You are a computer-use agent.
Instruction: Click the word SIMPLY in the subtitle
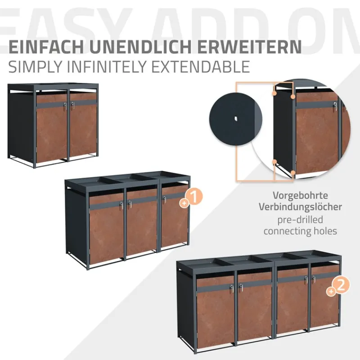pyautogui.click(x=32, y=67)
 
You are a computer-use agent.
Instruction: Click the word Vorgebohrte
pyautogui.click(x=300, y=196)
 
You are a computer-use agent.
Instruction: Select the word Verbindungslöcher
pyautogui.click(x=300, y=207)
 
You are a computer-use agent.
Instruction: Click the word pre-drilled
pyautogui.click(x=300, y=220)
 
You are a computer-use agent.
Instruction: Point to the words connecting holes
pyautogui.click(x=300, y=231)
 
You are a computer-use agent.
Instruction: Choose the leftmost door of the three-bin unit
pyautogui.click(x=106, y=227)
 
